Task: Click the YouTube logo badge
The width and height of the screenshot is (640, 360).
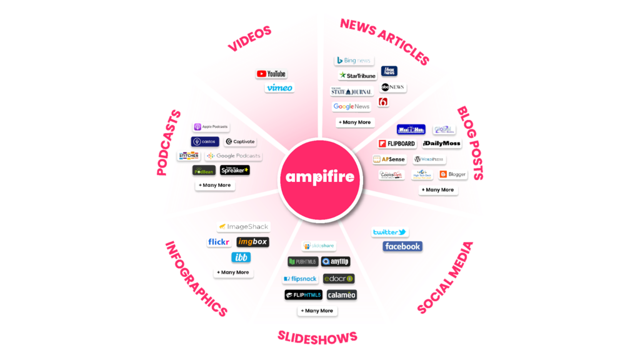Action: (x=271, y=74)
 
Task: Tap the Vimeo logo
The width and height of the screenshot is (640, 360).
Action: (x=279, y=87)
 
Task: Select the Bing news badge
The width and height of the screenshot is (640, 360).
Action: (x=354, y=60)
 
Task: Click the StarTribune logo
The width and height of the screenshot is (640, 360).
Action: (x=357, y=76)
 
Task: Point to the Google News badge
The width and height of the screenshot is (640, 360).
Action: (x=351, y=107)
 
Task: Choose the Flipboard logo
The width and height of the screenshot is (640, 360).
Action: (x=397, y=144)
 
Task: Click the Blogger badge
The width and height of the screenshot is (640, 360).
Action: (x=452, y=174)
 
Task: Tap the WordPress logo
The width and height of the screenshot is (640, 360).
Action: (x=429, y=159)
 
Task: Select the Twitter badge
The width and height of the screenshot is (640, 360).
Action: (x=390, y=232)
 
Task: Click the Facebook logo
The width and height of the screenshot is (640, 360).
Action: (x=402, y=246)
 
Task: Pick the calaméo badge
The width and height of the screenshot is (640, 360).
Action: (x=341, y=295)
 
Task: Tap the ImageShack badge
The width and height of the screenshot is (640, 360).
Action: (x=243, y=227)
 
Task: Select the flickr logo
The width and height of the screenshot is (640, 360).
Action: (x=219, y=242)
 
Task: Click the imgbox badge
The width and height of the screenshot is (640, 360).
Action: (x=252, y=242)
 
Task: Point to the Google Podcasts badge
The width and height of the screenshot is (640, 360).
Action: (x=233, y=156)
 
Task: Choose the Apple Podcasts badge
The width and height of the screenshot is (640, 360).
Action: (x=211, y=127)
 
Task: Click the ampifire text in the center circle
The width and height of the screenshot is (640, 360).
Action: (x=320, y=177)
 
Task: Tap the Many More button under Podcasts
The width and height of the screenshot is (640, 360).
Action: (x=215, y=185)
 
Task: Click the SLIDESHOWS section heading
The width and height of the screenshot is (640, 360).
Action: (x=317, y=337)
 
